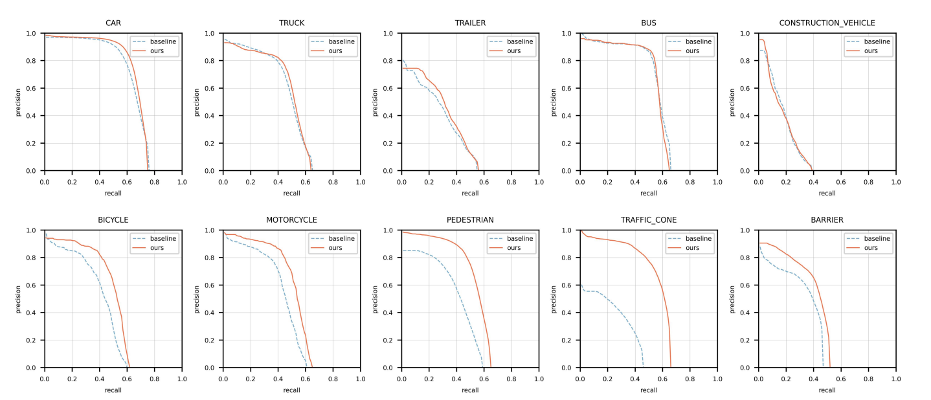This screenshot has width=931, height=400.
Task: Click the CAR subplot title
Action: point(113,23)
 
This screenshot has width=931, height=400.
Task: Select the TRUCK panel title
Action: point(291,23)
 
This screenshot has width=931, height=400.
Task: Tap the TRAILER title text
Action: point(470,23)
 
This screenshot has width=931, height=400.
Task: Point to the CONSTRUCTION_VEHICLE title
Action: point(827,23)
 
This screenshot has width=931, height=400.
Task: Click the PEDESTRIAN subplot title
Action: point(470,220)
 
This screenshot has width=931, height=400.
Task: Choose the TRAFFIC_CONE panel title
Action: point(648,220)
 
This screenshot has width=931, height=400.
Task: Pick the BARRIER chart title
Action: point(827,220)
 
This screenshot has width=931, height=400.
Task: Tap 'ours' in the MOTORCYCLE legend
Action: point(335,248)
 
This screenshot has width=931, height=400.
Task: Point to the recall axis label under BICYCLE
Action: point(113,390)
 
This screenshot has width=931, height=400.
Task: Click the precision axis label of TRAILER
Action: point(375,102)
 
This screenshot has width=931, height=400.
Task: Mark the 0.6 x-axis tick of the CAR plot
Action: point(127,183)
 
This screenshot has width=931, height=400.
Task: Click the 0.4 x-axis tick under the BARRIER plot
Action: point(813,379)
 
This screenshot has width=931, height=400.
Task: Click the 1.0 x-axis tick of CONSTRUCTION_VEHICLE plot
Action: point(895,183)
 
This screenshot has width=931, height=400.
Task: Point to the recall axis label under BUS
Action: point(648,193)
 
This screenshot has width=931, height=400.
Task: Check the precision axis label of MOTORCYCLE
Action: point(196,299)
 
